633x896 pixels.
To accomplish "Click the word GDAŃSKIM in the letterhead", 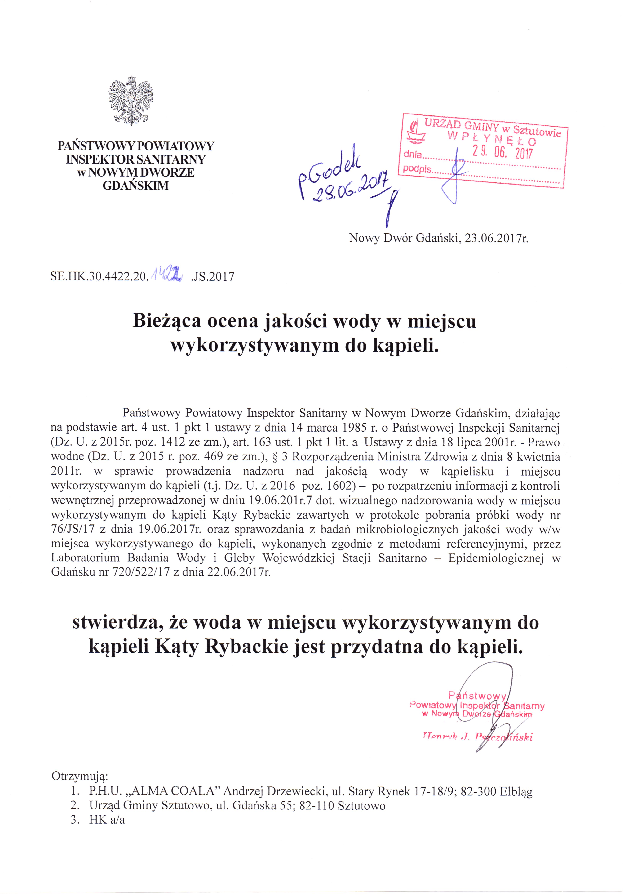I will (136, 186).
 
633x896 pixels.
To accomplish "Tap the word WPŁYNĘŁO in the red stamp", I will (492, 138).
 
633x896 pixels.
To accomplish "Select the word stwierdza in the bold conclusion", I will (117, 622).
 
